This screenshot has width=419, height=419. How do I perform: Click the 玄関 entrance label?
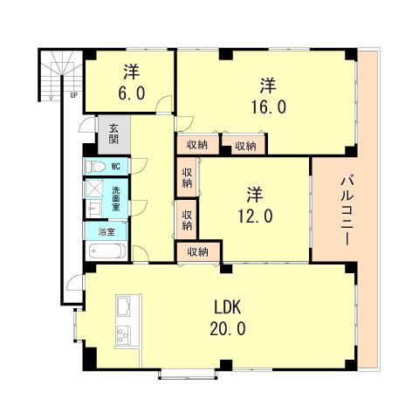[x=113, y=134]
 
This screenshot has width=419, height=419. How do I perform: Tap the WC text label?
[x=116, y=167]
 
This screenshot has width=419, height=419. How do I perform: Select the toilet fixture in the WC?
[x=95, y=167]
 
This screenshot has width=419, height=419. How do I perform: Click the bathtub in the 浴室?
[x=107, y=251]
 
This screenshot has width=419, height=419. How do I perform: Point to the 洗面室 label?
[x=116, y=199]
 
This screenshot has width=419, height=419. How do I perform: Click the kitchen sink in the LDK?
[x=123, y=306]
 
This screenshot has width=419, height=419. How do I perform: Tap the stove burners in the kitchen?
[x=123, y=334]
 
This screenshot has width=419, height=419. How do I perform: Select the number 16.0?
[x=269, y=106]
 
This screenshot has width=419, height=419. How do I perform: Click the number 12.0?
[x=255, y=216]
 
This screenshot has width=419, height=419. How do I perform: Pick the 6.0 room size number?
[x=132, y=93]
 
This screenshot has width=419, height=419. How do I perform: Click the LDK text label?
[x=228, y=307]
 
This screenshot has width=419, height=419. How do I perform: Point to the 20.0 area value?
[x=228, y=329]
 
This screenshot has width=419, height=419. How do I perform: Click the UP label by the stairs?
[x=74, y=95]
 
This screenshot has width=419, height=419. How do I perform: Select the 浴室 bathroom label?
[x=106, y=232]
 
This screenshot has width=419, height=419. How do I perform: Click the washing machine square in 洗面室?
[x=94, y=189]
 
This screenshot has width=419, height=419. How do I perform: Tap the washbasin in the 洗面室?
[x=93, y=209]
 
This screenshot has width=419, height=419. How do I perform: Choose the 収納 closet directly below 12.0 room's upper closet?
[x=187, y=220]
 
